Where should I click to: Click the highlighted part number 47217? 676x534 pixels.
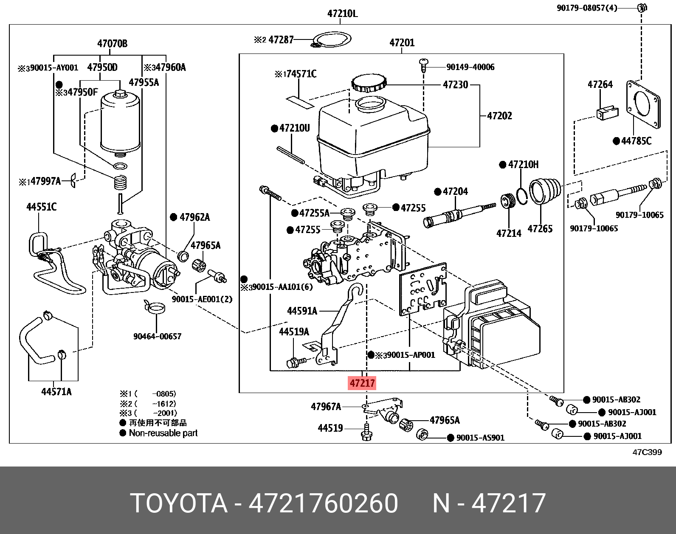tap(362, 383)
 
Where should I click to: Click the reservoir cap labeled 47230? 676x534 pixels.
tap(369, 82)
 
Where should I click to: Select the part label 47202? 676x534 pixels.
tap(499, 116)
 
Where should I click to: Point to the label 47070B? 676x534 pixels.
tap(112, 44)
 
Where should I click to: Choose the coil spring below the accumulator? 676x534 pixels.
tap(121, 182)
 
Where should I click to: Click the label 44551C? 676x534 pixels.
tap(41, 207)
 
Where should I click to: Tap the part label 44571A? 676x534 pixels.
tap(56, 391)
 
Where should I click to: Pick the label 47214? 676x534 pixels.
tap(509, 233)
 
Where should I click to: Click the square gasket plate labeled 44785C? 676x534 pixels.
tap(643, 104)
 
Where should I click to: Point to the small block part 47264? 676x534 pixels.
tap(607, 113)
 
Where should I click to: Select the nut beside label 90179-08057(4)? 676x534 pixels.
tap(642, 7)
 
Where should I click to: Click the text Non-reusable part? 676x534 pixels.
tap(163, 433)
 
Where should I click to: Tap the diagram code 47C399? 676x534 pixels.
tap(647, 452)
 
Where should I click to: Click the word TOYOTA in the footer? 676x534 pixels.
tap(179, 503)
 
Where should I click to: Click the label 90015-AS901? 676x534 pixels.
tap(480, 438)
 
